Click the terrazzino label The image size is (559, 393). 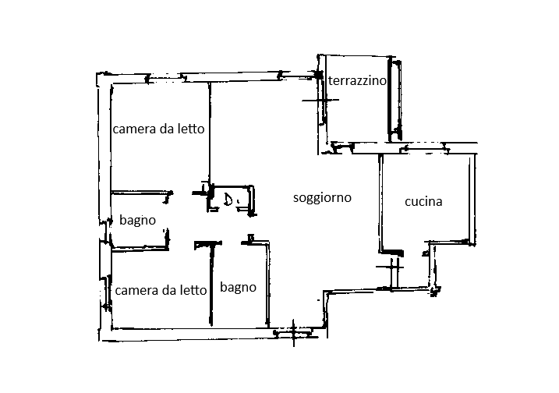click(x=359, y=81)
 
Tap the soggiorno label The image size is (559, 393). click(x=322, y=198)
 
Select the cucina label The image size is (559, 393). click(x=423, y=202)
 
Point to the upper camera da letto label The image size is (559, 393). click(x=158, y=129)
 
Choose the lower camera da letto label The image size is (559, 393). click(x=161, y=291)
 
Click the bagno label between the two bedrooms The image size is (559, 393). click(x=138, y=221)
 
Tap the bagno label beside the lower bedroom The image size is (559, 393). click(x=238, y=288)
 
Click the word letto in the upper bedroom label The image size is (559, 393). click(x=190, y=129)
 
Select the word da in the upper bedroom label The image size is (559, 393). click(x=166, y=129)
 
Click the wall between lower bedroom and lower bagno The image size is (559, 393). click(x=211, y=285)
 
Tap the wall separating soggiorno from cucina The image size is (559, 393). click(x=380, y=203)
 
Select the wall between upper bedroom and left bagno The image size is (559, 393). click(x=141, y=193)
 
